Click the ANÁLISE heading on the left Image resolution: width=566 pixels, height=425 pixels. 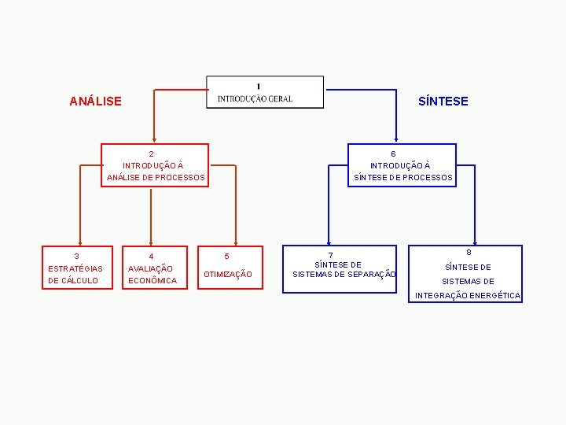click(95, 102)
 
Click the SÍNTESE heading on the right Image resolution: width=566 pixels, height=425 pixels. click(443, 102)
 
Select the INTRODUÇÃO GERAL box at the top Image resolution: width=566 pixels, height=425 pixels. click(264, 93)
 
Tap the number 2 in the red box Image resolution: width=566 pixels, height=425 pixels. click(152, 154)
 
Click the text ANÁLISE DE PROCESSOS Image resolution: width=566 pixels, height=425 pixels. click(156, 178)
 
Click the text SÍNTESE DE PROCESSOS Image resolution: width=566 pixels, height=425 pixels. click(403, 178)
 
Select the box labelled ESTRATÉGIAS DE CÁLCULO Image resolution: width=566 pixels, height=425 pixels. click(75, 268)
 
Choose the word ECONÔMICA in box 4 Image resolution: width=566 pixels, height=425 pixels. click(153, 281)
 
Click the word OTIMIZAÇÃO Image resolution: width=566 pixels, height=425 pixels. click(228, 275)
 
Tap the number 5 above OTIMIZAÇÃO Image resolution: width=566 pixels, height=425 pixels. click(226, 257)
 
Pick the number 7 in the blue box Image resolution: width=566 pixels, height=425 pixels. click(331, 256)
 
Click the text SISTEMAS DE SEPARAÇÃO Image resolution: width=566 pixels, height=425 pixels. click(344, 275)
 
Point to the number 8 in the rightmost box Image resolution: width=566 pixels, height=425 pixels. click(469, 253)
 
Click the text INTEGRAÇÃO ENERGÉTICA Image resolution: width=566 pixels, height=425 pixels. click(468, 296)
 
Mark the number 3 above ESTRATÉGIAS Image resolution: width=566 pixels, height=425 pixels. click(76, 257)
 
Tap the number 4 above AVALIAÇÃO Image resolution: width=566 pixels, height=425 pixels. click(151, 257)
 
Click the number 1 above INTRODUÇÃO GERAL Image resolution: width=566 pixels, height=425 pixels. click(259, 85)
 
